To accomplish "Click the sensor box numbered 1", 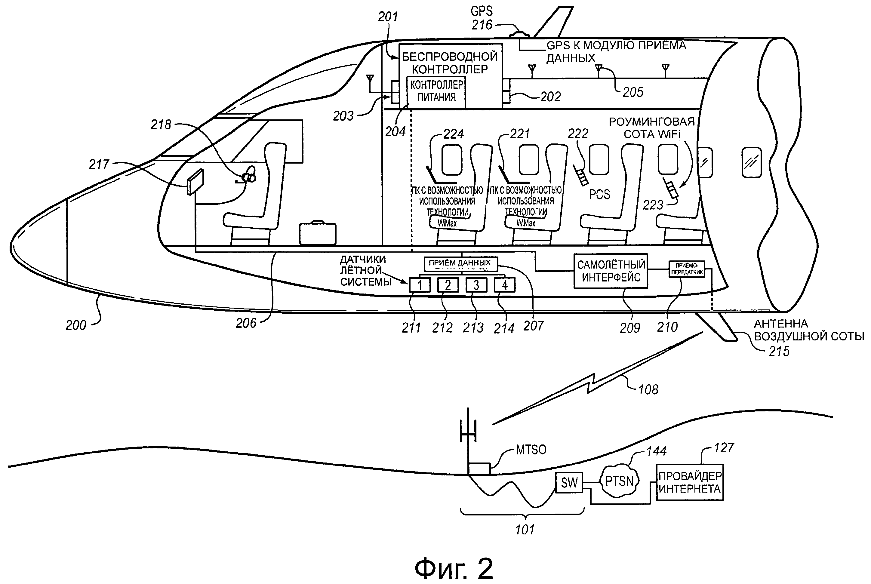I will coord(420,285).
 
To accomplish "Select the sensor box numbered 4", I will coord(505,285).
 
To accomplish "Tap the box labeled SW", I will coord(569,482).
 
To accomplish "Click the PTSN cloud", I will coord(619,481).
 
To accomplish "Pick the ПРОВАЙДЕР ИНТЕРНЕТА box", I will coord(689,482).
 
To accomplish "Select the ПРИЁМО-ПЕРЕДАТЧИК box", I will coord(687,269).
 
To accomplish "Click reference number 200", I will coord(76,325).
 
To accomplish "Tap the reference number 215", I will coord(779,351).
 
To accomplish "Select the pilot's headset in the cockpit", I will coord(249,176).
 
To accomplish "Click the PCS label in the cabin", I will coord(599,195).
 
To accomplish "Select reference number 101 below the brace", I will coord(525,530).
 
